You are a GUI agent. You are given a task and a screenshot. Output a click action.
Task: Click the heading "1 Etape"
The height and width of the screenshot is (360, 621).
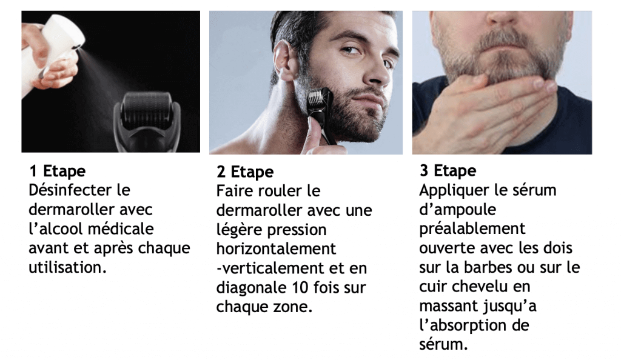(x=58, y=171)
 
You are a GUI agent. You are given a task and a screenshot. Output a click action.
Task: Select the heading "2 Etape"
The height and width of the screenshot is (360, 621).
(x=245, y=172)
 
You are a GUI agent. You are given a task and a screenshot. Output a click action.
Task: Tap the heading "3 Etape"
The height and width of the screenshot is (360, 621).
(x=448, y=170)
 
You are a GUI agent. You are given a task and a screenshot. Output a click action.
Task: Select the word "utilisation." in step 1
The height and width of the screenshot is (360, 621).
(x=68, y=267)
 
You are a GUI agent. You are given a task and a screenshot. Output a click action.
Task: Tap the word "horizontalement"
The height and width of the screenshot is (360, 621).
(x=276, y=249)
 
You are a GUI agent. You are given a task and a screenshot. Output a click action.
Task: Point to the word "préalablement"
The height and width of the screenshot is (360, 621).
(x=472, y=229)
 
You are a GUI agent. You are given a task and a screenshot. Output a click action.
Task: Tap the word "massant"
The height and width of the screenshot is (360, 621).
(x=449, y=306)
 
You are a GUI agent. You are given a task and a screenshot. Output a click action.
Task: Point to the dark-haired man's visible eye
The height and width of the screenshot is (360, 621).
(x=350, y=51)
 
